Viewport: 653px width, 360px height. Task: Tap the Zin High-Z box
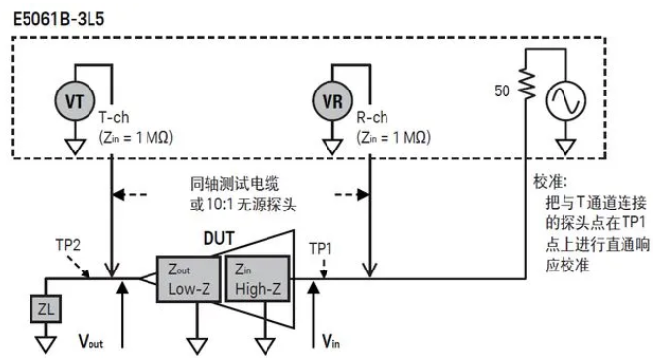(x=254, y=278)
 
